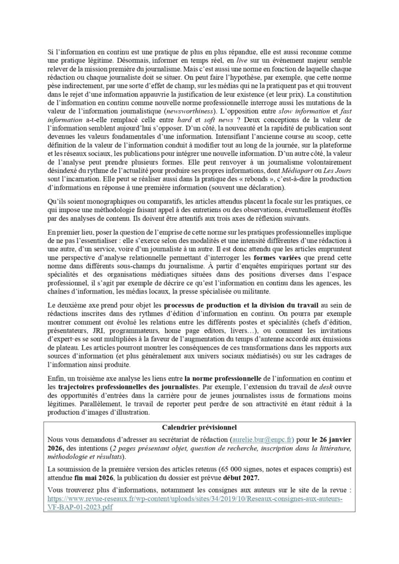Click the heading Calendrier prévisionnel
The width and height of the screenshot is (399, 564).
click(x=199, y=427)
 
